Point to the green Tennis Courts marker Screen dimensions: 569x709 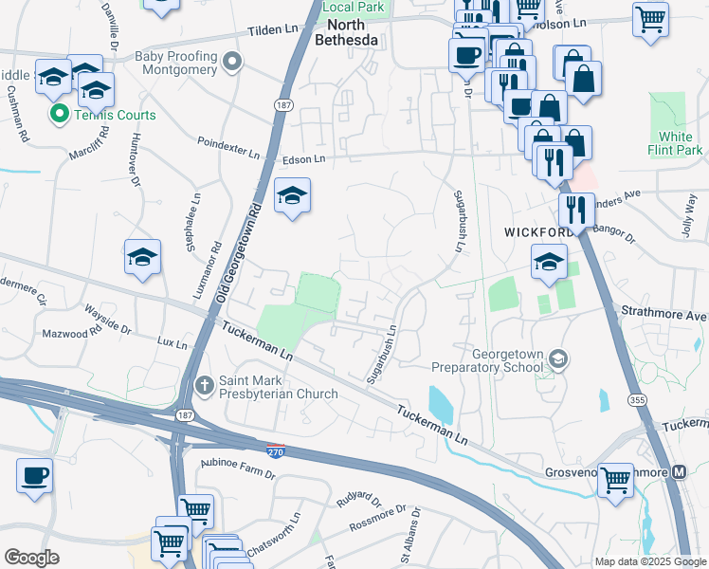(58, 115)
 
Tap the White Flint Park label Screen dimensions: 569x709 (681, 143)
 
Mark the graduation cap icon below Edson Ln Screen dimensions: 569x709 (292, 195)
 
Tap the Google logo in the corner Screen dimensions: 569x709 (31, 558)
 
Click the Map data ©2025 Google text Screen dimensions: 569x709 (649, 561)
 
